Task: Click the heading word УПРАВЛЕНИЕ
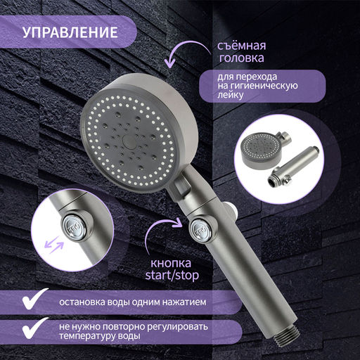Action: tap(70, 32)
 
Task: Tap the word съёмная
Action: tap(241, 46)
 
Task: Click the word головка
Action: tap(241, 58)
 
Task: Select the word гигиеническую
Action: tap(264, 86)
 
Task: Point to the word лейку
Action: tap(231, 95)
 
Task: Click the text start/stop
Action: tap(172, 276)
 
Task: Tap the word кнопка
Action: tap(171, 263)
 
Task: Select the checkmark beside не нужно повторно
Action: tap(34, 328)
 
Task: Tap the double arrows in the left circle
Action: tap(54, 245)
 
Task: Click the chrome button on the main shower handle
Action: tap(201, 231)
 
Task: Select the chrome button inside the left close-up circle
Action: tap(74, 227)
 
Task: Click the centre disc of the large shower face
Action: tap(129, 141)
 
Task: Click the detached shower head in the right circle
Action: tap(261, 150)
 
